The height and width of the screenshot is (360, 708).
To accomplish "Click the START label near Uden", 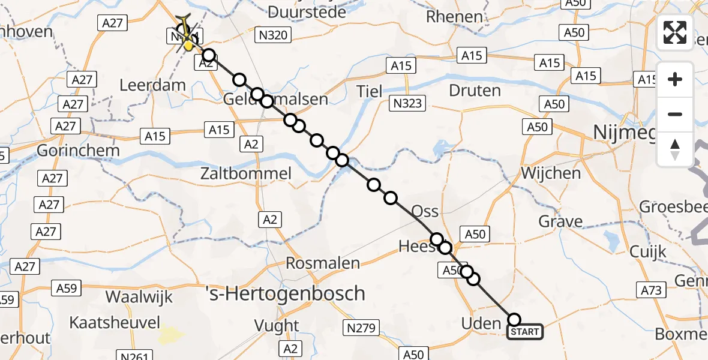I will coord(525,332).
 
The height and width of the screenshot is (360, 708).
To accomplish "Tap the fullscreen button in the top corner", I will coord(675,32).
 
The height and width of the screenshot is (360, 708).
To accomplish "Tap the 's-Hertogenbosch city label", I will coord(285,293).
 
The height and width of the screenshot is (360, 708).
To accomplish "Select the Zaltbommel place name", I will coord(246,174).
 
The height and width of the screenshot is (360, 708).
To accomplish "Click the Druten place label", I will coord(475,91).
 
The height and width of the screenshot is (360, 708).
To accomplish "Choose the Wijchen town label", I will coord(551,173).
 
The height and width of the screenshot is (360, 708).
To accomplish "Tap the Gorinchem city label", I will coord(78,150).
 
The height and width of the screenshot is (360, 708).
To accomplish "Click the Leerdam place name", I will coord(152,85).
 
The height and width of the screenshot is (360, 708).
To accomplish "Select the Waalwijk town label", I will coord(139,296).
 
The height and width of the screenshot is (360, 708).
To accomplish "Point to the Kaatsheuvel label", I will coord(115,323).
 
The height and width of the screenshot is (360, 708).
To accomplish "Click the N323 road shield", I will coord(408,103).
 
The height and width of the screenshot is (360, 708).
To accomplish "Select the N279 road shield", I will coord(361,328).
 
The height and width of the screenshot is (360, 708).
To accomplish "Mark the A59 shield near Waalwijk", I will coord(67,288).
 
